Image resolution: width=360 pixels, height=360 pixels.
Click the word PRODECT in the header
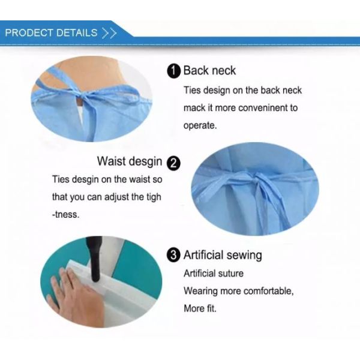tap(29, 33)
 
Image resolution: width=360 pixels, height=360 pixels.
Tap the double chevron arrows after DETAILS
tap(109, 33)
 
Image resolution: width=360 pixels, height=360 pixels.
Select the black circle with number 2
tap(173, 163)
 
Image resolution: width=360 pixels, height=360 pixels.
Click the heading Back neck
tap(209, 71)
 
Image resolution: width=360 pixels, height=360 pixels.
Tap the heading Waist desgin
tap(129, 161)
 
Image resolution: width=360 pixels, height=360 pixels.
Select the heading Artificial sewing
tap(223, 255)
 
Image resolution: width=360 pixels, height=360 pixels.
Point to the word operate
tap(199, 127)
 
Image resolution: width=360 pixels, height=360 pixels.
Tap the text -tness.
tap(65, 214)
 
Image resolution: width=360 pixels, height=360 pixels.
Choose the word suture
tap(230, 274)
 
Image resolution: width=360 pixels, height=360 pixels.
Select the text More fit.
tap(200, 308)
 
